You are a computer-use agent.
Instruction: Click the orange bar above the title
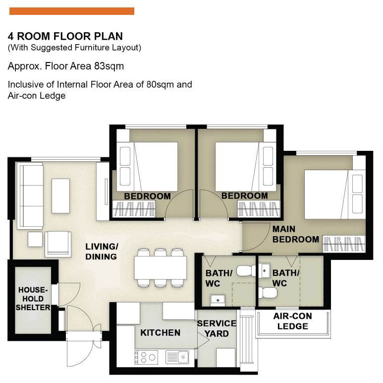point(72,11)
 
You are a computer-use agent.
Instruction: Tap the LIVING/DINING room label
point(102,252)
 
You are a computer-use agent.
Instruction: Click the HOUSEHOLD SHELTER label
point(33,299)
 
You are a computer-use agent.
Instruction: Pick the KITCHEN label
point(160,332)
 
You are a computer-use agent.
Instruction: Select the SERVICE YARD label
point(217,328)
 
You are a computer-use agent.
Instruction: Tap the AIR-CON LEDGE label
point(292,321)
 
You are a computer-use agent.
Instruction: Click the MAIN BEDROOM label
point(295,234)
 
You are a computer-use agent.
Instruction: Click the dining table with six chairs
point(160,268)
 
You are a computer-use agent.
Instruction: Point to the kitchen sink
point(177,356)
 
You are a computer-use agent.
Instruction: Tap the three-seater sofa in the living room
point(29,196)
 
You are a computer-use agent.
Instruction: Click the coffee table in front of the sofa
point(61,196)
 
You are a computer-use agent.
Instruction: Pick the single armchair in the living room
point(58,244)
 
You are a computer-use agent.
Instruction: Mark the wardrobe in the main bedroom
point(344,245)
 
